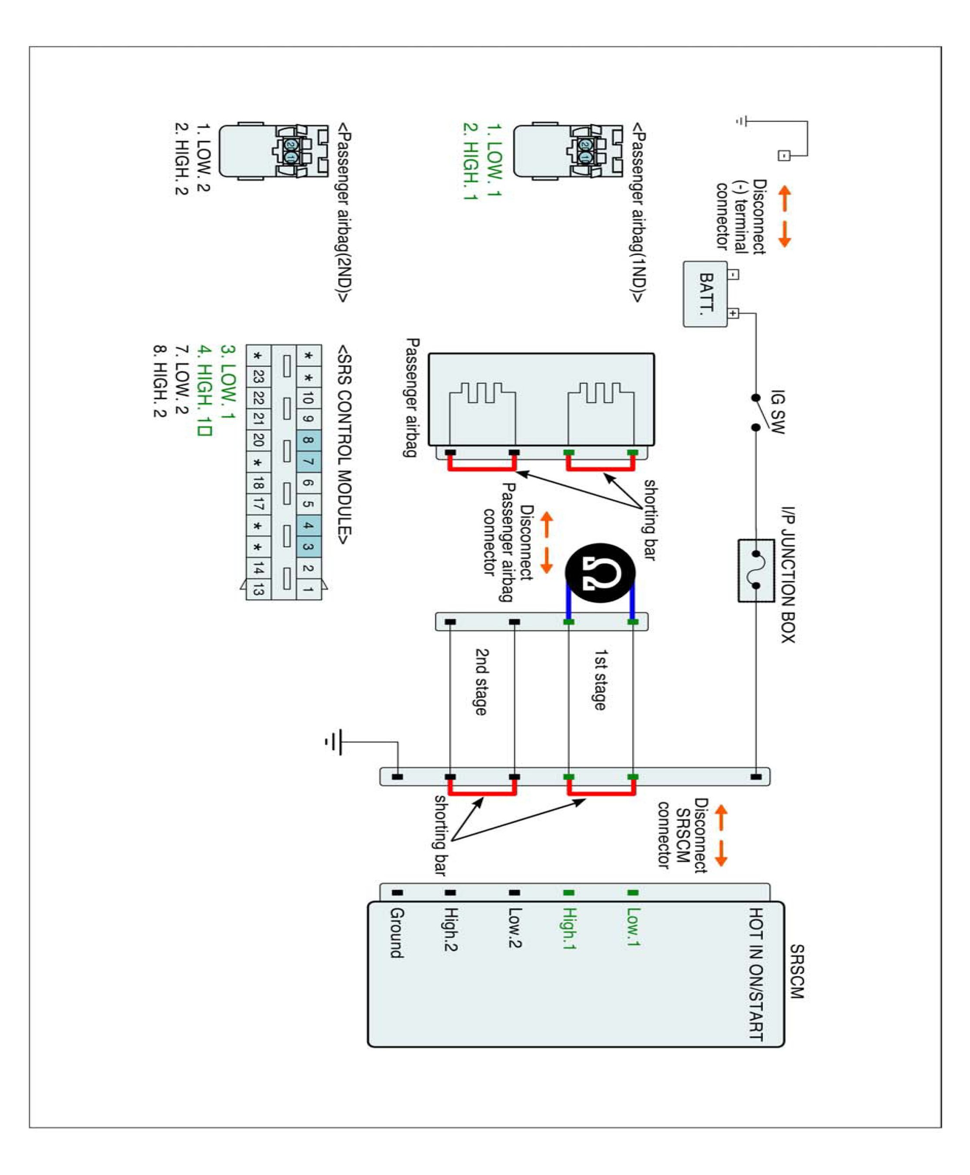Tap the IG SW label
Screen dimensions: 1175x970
tap(777, 412)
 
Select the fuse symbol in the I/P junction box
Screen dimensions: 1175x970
tap(756, 570)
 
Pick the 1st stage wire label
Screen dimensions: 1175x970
tap(599, 679)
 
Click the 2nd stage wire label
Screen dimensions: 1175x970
tap(481, 681)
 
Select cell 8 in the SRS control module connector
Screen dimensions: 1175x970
tap(308, 440)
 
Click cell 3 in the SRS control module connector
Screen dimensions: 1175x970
tap(308, 546)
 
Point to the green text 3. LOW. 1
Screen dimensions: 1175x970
tap(228, 382)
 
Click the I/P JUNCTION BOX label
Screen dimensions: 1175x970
tap(788, 575)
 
